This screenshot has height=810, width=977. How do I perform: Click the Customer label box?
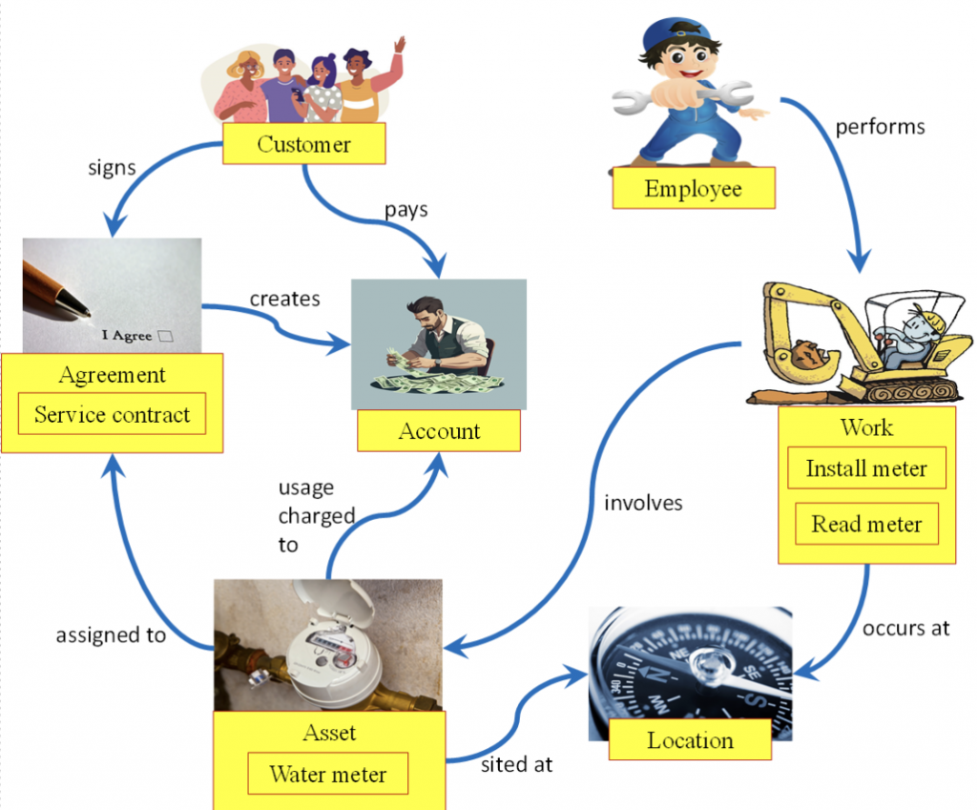coord(303,145)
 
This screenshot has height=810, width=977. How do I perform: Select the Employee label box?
coord(693,188)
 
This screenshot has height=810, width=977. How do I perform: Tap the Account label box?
coord(439,431)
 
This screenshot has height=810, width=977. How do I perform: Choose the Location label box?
coord(690,740)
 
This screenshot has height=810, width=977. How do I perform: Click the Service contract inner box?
coord(112,415)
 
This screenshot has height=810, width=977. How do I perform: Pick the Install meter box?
coord(866,468)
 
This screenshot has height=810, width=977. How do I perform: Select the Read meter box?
coord(866,524)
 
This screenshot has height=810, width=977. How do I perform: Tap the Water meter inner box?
coord(328,774)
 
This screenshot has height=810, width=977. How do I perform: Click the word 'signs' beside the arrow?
coord(111,168)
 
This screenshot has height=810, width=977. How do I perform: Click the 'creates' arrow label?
coord(284,299)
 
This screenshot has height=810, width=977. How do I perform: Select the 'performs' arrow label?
coord(880,126)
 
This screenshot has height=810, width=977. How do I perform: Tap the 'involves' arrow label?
coord(643,502)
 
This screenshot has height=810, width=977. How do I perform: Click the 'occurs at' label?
coord(905,629)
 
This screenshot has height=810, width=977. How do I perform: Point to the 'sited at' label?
coord(516,764)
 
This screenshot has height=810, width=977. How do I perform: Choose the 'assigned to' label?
coord(111,635)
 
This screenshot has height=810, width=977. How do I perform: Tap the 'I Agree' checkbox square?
coord(166,335)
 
